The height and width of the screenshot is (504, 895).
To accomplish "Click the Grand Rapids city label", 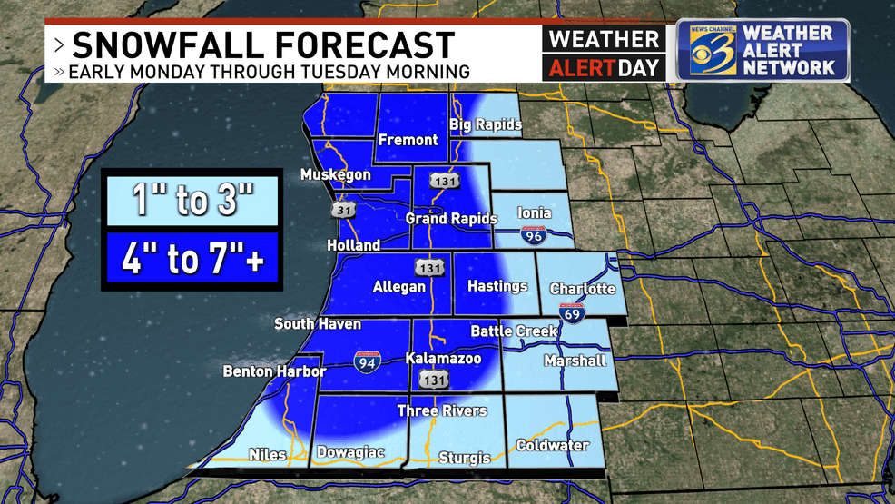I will (x=451, y=219).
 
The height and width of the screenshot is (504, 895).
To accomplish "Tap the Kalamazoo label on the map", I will (x=442, y=359).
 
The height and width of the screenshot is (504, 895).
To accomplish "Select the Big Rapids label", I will (x=486, y=124).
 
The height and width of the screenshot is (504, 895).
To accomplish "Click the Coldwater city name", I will (x=552, y=445).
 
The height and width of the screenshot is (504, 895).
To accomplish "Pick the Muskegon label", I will (x=336, y=174).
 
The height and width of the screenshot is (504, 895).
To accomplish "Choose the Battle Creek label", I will (x=514, y=331).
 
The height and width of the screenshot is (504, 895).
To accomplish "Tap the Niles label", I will (x=267, y=455).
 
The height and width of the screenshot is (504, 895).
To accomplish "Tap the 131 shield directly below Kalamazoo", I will (x=439, y=379).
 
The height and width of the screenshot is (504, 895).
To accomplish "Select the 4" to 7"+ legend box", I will (x=191, y=259).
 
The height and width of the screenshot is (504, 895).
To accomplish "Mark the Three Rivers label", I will (x=442, y=411).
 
